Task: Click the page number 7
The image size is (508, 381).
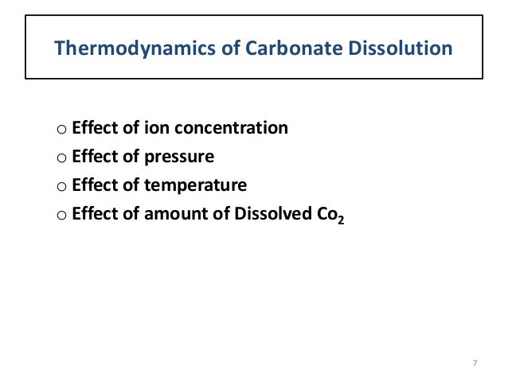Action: pos(475,364)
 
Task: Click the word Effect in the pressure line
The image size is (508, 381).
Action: pos(94,157)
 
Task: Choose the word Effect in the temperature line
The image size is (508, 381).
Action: pos(94,185)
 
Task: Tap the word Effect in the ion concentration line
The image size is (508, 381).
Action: pos(94,127)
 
